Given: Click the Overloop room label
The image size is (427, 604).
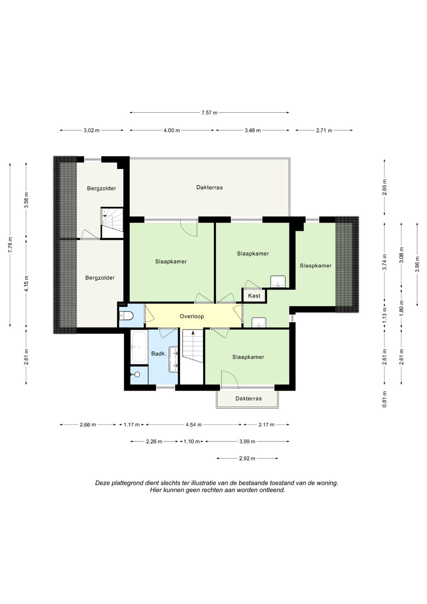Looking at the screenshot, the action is click(192, 316).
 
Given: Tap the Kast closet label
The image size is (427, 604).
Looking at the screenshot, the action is click(254, 296).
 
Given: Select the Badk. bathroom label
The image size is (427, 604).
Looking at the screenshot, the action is click(159, 354).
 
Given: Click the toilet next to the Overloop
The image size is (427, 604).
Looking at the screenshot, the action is click(126, 316).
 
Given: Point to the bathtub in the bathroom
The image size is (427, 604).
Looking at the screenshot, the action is click(139, 347).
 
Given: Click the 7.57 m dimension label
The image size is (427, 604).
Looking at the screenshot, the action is click(209, 113).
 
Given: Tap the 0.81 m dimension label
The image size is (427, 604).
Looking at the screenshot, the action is click(384, 400).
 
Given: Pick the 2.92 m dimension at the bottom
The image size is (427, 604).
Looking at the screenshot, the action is click(247, 458).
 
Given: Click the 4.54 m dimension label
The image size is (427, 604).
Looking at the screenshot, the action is click(194, 425).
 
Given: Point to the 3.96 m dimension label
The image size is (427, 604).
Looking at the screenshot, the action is click(417, 264).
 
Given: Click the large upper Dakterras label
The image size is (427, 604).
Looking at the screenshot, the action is click(210, 187).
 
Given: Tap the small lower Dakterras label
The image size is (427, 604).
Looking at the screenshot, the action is click(249, 399).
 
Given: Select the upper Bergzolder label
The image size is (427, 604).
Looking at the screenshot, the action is click(101, 189).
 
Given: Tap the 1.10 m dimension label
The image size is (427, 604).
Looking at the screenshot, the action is click(192, 442).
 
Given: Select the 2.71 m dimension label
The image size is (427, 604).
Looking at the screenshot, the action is click(324, 131).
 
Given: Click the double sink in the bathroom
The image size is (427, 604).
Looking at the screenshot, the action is click(174, 360).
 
